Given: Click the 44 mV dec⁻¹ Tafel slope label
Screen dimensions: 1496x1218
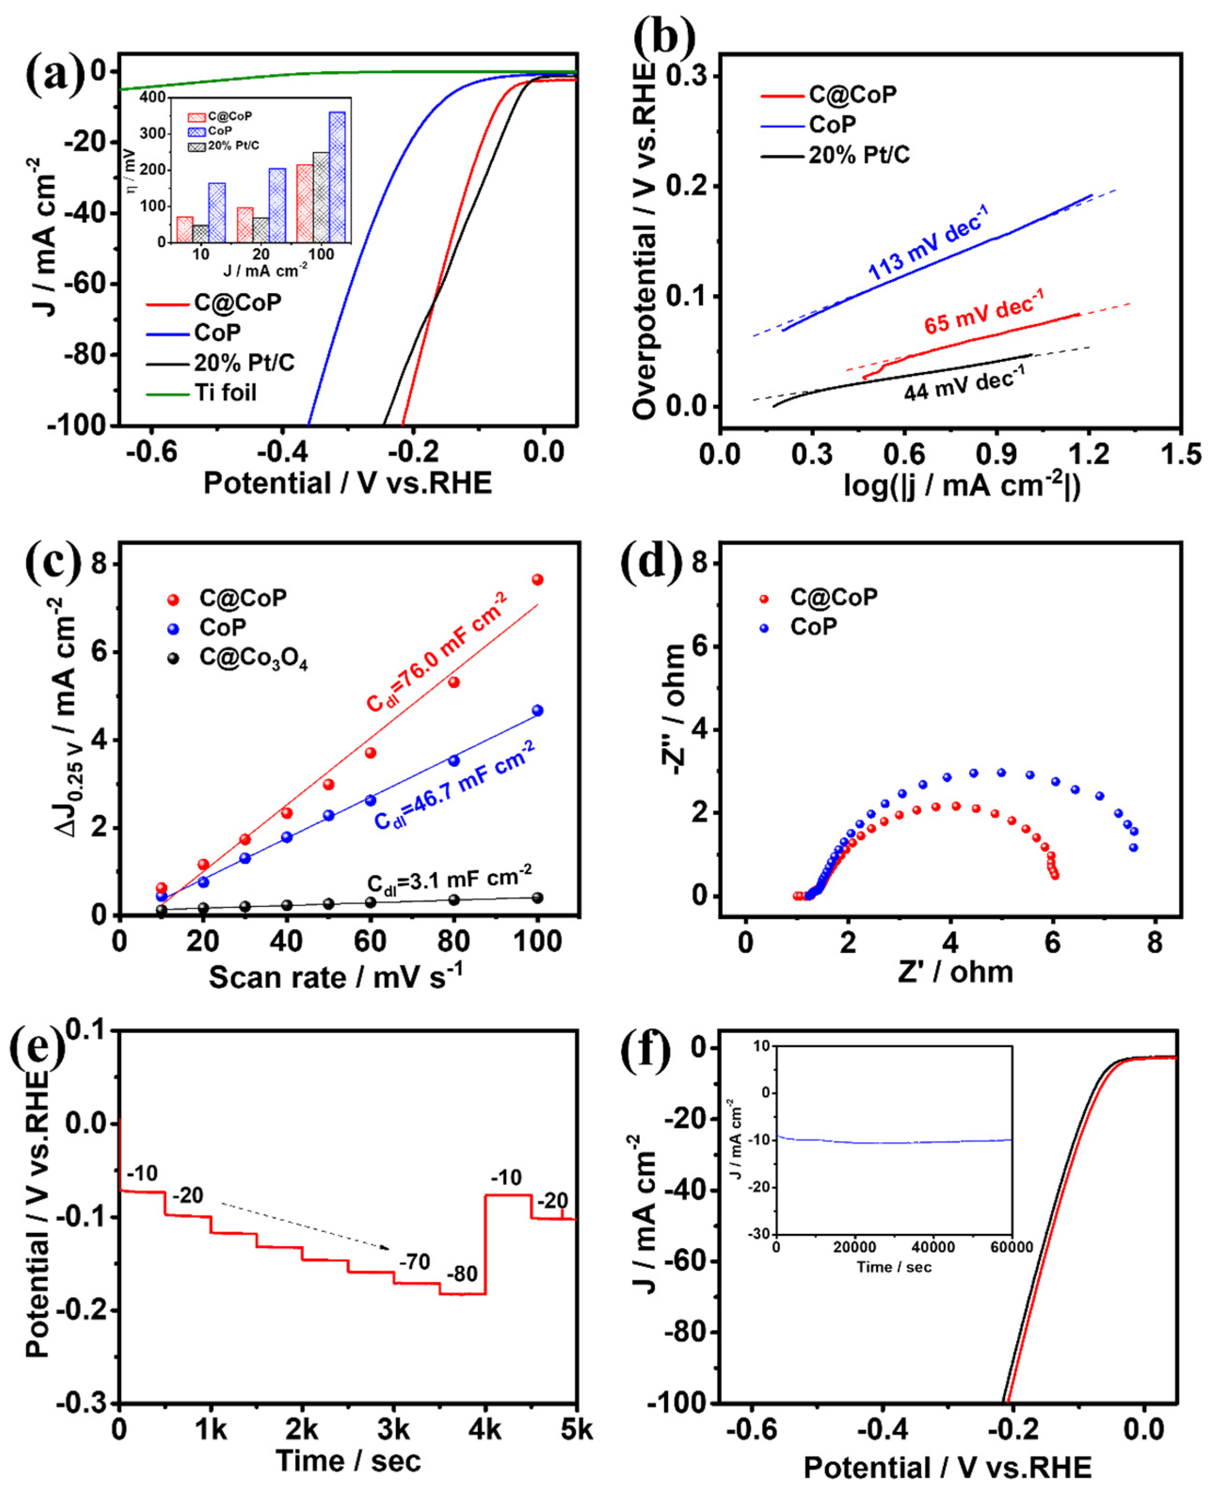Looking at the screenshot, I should [x=963, y=385].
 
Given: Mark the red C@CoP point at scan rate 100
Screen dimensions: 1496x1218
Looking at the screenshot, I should [x=537, y=580].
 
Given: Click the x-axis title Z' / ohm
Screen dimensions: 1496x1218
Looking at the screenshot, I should [x=955, y=972].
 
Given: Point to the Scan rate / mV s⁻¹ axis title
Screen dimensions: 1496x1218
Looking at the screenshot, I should [x=335, y=977].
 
